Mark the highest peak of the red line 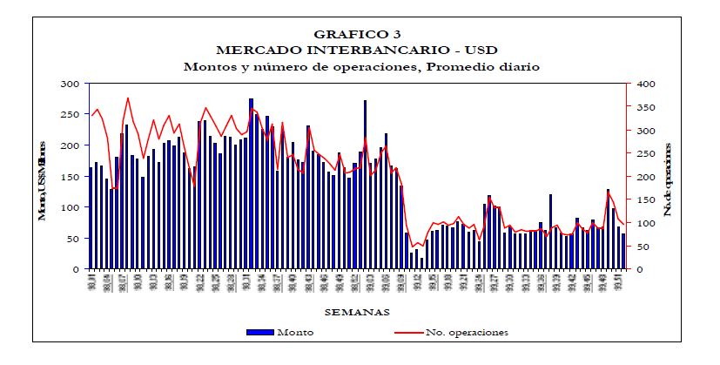[x=128, y=98]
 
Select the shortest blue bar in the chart [x=421, y=263]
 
